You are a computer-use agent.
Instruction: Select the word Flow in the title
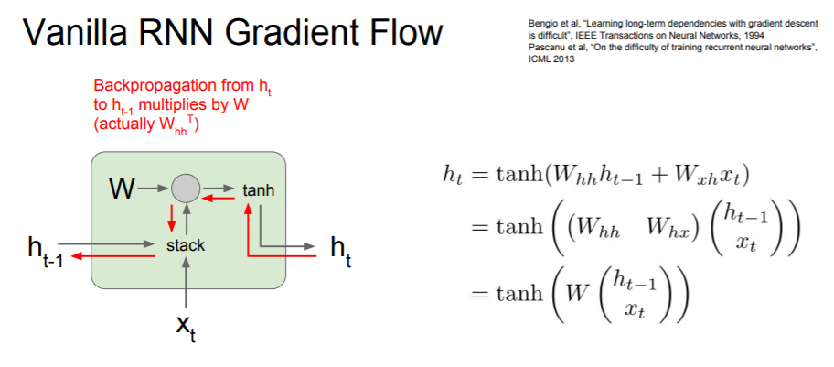[409, 34]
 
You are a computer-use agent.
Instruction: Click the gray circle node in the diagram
[186, 189]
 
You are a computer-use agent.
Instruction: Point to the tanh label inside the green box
[258, 190]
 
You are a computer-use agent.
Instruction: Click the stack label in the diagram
[186, 245]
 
